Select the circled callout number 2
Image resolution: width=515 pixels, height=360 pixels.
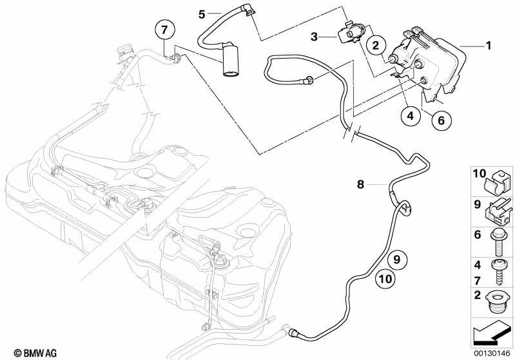[x=375, y=45]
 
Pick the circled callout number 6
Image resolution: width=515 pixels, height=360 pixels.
[x=441, y=120]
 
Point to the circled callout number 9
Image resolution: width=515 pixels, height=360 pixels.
[x=397, y=261]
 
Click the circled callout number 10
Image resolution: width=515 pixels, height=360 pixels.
[x=384, y=279]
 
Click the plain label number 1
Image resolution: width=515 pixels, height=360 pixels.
[x=488, y=46]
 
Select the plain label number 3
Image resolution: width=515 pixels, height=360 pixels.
[x=315, y=37]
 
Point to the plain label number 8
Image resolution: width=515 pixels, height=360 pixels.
[x=361, y=185]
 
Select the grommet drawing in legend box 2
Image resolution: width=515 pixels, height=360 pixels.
[x=497, y=302]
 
